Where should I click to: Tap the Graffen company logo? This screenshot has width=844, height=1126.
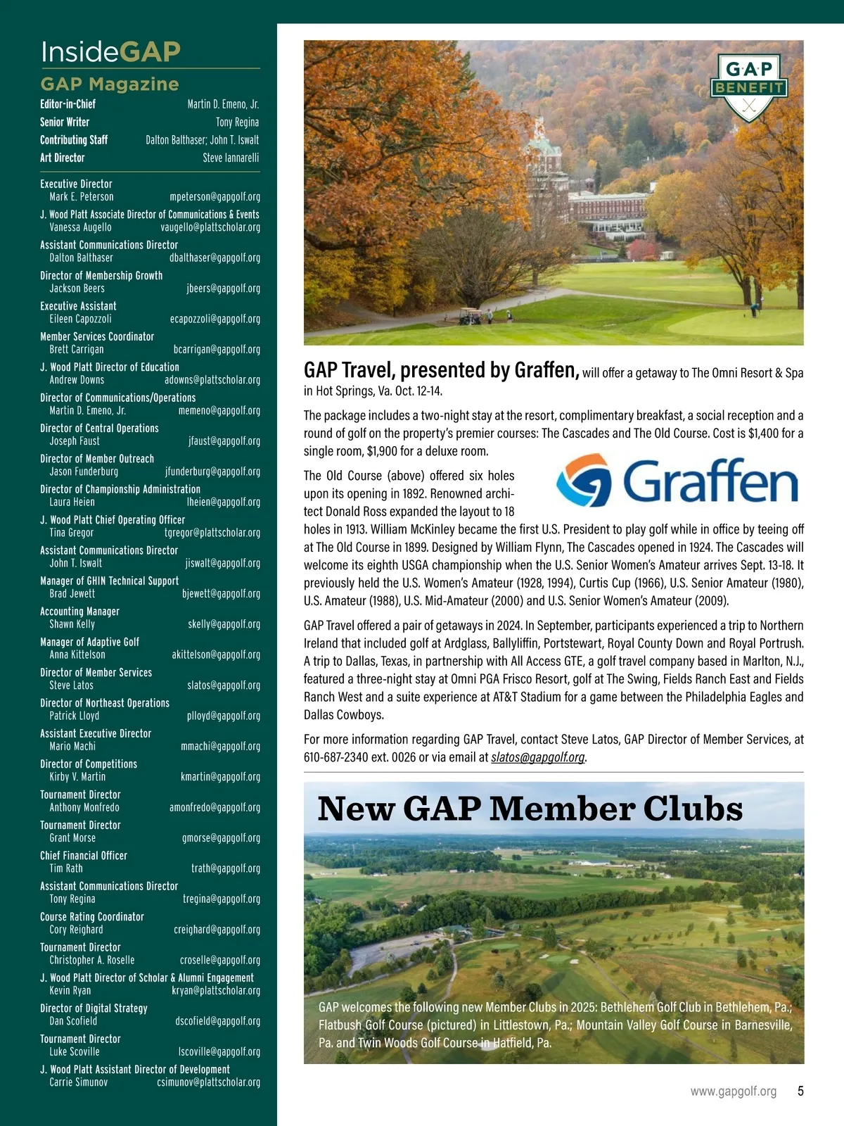tap(677, 482)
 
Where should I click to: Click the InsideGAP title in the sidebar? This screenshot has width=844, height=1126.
tap(110, 51)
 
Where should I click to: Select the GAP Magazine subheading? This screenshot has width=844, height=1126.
tap(110, 84)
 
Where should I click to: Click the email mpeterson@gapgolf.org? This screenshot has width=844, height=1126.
tap(215, 197)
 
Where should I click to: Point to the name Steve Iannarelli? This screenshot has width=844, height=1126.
tap(231, 158)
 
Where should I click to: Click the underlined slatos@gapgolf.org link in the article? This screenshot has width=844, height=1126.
tap(538, 757)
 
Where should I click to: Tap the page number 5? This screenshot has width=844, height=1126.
tap(800, 1091)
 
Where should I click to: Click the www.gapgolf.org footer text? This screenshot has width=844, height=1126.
tap(733, 1091)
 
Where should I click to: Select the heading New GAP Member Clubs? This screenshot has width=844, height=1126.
tap(530, 809)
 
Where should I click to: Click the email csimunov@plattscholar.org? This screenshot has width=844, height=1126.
tap(208, 1082)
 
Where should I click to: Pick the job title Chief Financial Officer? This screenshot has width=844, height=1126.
tap(84, 856)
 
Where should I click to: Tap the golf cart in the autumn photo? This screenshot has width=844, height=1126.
tap(470, 316)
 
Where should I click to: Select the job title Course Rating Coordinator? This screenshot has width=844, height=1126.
tap(91, 917)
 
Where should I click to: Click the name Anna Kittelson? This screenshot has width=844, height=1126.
tap(77, 654)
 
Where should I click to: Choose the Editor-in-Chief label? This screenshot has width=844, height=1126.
tap(68, 104)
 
